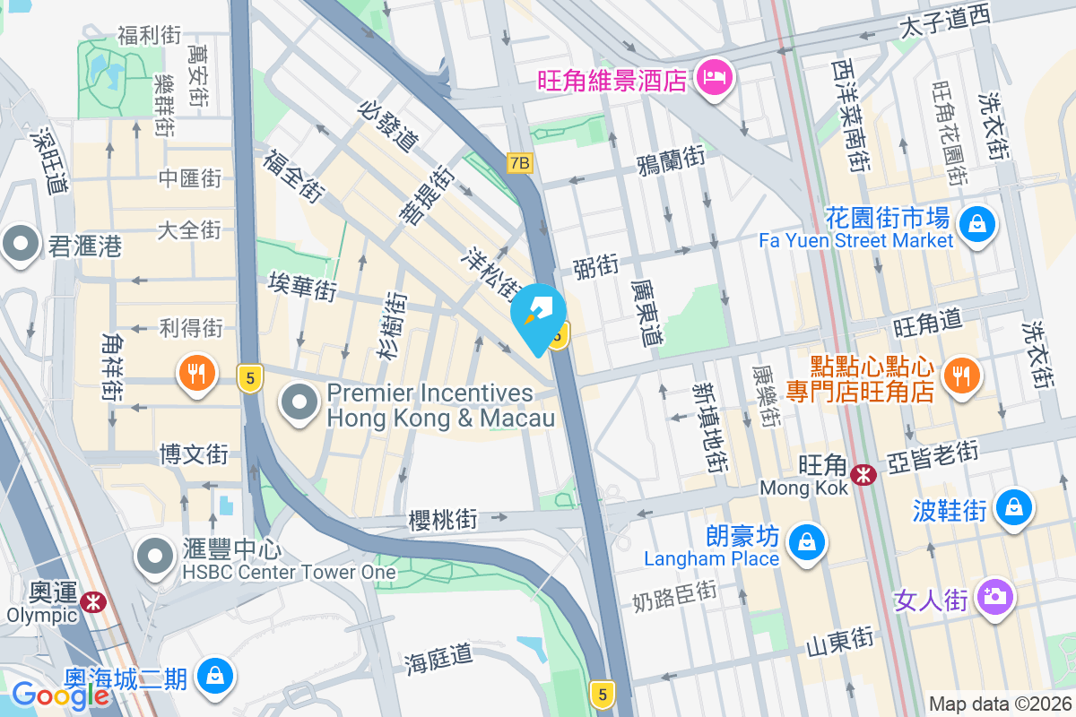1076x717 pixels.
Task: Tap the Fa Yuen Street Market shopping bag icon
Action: [976, 223]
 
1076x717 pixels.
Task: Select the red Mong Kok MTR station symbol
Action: [864, 474]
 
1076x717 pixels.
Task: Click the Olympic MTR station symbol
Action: [91, 601]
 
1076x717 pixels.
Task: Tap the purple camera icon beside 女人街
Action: [994, 596]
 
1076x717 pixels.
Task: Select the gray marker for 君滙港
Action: [20, 243]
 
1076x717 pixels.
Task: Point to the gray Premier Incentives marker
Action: [299, 402]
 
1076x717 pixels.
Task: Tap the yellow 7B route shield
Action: [519, 163]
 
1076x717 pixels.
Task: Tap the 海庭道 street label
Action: [438, 659]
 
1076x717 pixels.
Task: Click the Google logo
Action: [60, 695]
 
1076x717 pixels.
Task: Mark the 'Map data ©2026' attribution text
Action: [1000, 704]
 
